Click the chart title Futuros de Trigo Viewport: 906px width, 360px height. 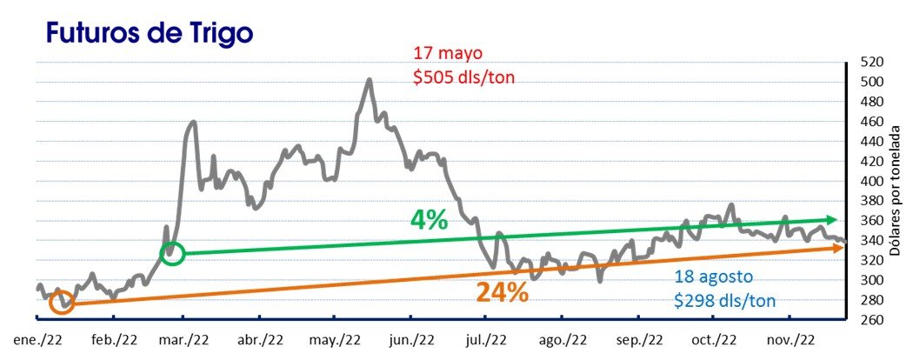[x=149, y=33]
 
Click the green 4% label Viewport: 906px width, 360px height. [x=430, y=221]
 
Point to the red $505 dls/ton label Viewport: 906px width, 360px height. [x=463, y=77]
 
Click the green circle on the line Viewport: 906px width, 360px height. [x=173, y=253]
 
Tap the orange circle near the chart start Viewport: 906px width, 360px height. [x=61, y=303]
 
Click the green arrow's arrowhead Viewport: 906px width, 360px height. [x=832, y=220]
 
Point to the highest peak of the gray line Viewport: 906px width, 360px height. [x=370, y=80]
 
